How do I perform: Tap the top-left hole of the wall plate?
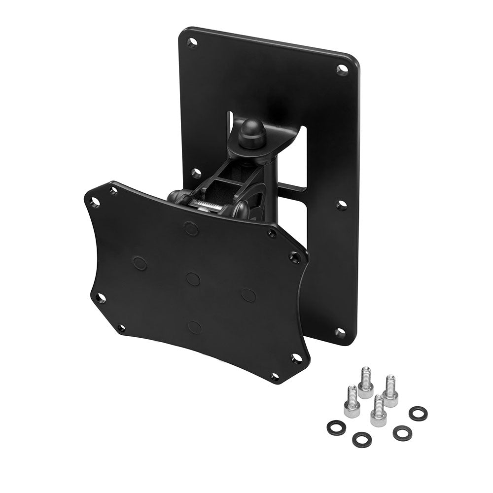click(192, 43)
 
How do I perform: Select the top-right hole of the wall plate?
click(342, 70)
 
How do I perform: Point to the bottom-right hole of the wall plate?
click(340, 332)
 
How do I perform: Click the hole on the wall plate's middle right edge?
click(341, 205)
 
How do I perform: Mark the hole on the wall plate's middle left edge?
click(196, 173)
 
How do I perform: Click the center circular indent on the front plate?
click(193, 279)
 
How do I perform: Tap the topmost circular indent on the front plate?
click(191, 228)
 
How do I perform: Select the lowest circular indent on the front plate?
click(195, 327)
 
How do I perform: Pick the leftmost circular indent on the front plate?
click(140, 263)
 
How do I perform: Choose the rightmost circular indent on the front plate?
click(248, 295)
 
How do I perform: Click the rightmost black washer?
click(418, 413)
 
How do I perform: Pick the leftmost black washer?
click(336, 427)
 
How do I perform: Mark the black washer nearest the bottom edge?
click(362, 439)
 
